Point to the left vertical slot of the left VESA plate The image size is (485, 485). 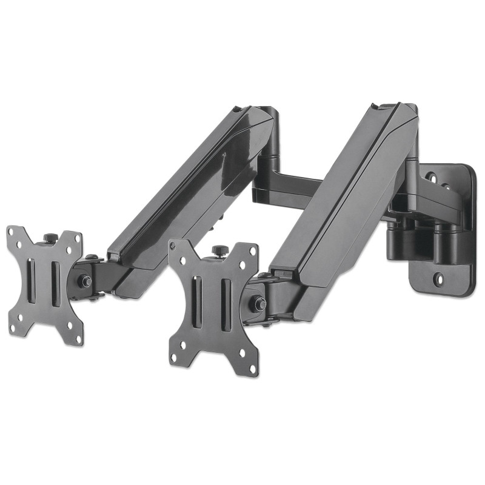[32, 281]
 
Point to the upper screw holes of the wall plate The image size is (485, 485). [438, 179]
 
